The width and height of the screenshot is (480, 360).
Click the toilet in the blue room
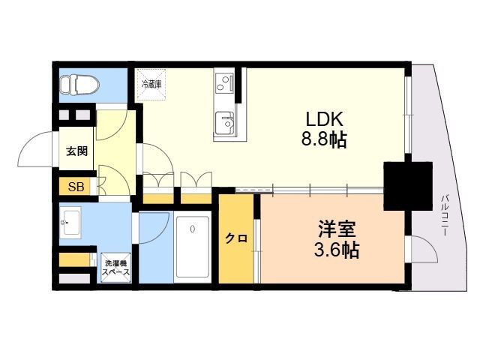[x=79, y=85]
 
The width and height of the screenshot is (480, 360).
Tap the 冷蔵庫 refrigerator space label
[x=151, y=84]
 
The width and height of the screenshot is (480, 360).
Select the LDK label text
[x=325, y=119]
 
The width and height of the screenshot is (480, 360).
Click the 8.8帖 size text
[x=324, y=139]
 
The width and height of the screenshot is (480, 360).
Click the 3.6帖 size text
[x=337, y=250]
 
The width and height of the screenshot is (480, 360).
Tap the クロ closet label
[x=236, y=238]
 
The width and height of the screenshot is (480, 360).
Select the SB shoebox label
[x=76, y=187]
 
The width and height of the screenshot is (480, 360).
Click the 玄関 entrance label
[x=76, y=151]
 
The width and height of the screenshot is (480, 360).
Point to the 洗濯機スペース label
[x=115, y=268]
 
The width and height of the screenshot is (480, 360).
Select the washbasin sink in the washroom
[x=70, y=223]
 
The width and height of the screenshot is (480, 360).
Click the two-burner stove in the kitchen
[x=224, y=82]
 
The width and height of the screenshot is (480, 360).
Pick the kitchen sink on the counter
[x=225, y=123]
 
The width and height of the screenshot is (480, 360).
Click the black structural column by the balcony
[x=408, y=186]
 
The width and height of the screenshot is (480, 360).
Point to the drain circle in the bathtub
[x=192, y=229]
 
